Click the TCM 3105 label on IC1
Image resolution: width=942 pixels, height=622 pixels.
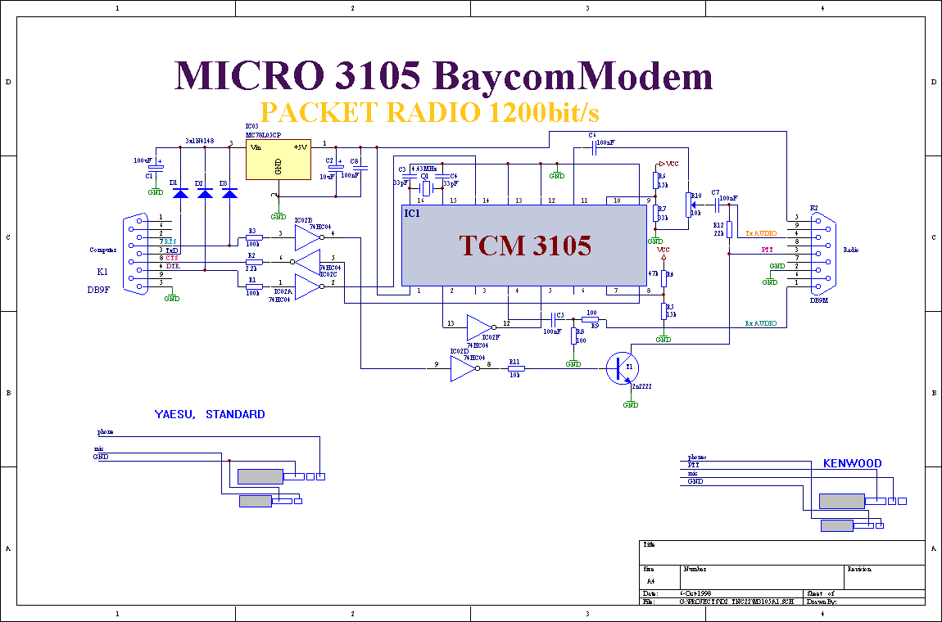(x=525, y=245)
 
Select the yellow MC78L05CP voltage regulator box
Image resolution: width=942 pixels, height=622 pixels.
(x=279, y=159)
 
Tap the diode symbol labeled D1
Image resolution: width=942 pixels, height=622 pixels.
(x=181, y=193)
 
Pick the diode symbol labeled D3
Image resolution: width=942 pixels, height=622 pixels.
(x=230, y=193)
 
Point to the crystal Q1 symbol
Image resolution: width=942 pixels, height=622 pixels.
(x=425, y=188)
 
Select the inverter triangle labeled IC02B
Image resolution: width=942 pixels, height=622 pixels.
(x=308, y=238)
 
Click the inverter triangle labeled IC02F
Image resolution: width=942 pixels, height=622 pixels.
(x=479, y=327)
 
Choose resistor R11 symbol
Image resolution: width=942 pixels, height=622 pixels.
(x=516, y=368)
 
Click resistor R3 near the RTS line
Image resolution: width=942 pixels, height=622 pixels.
(x=254, y=238)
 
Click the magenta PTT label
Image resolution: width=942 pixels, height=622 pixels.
(x=767, y=249)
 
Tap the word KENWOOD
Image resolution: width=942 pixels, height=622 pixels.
(x=852, y=463)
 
